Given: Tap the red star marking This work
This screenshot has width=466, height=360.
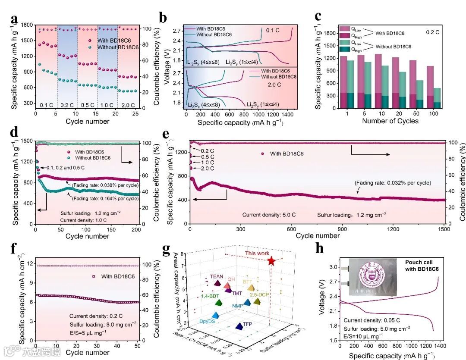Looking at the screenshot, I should pyautogui.click(x=271, y=261).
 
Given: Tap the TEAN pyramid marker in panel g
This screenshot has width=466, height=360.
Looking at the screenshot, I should pyautogui.click(x=217, y=283).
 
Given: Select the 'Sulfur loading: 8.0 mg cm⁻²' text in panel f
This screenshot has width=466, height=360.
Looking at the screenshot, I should pyautogui.click(x=104, y=324).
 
